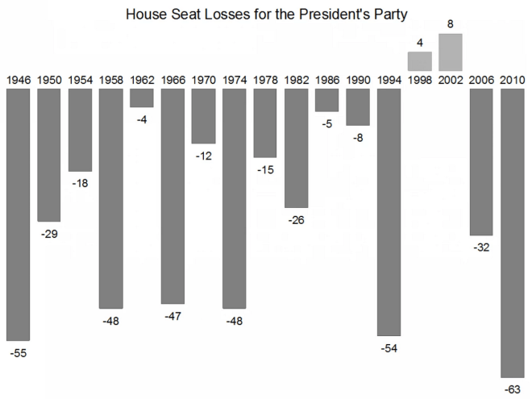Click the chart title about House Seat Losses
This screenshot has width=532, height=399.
pos(266,14)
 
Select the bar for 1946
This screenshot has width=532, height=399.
pos(19,214)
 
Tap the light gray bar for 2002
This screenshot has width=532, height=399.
pos(451,52)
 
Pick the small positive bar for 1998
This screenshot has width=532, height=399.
pos(420,60)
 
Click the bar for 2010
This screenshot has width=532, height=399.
pos(513,232)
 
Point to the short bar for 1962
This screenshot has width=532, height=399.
pos(142,98)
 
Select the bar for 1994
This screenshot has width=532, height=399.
pos(389,211)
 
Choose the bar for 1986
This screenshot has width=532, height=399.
pos(327,100)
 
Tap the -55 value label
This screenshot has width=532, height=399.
pos(19,353)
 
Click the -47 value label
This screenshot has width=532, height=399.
pos(172,317)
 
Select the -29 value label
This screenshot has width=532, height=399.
pos(49,234)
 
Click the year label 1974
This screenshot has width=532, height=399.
pos(235,80)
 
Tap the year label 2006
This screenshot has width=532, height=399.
pos(482,80)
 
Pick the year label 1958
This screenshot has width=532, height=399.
pos(111,80)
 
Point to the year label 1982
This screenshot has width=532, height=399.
pos(297,80)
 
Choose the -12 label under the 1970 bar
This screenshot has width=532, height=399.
pos(204,156)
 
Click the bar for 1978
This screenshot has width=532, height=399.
pos(265,123)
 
